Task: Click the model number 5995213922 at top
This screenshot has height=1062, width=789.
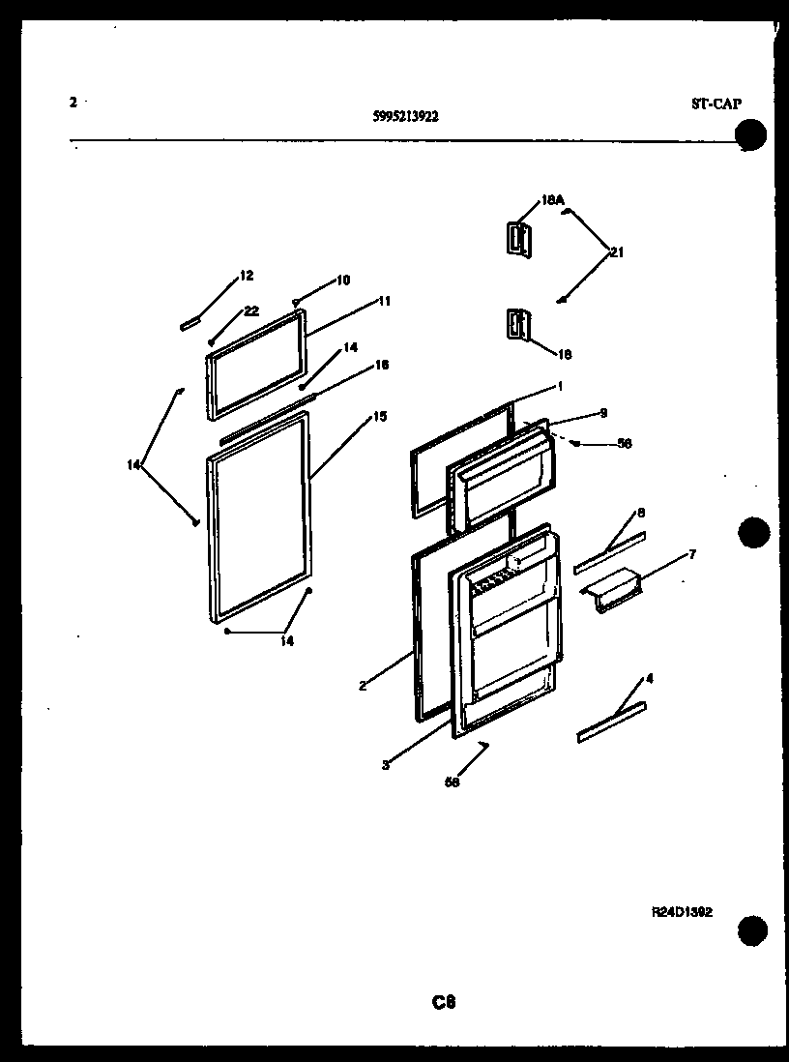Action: (405, 116)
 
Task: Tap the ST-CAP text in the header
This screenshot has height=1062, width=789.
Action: (716, 103)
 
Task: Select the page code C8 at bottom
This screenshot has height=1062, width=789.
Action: (444, 1003)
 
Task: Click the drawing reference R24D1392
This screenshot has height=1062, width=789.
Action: (682, 912)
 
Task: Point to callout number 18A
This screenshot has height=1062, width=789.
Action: (552, 201)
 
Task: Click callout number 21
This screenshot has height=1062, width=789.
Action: (616, 253)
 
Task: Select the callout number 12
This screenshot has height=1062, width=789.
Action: (247, 276)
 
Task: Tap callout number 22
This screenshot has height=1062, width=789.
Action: (251, 310)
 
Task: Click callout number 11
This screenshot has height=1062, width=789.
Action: (384, 301)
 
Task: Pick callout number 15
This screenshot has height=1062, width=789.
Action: (379, 417)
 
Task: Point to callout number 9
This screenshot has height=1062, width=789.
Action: (603, 413)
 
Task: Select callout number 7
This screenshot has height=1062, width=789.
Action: (692, 554)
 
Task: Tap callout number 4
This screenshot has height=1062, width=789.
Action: (649, 679)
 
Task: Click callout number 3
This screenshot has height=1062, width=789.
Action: (385, 765)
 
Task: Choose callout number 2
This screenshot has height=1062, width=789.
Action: (362, 687)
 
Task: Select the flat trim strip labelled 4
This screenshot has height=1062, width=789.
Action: (611, 723)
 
